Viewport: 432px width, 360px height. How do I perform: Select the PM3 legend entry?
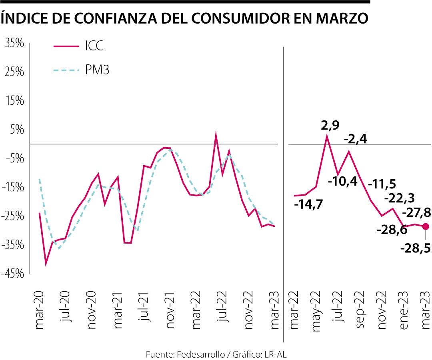pos(97,70)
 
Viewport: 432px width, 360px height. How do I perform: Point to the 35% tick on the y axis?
pos(15,43)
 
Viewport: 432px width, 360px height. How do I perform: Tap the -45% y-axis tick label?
pos(15,274)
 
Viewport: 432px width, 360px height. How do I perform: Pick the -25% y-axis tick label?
pos(15,216)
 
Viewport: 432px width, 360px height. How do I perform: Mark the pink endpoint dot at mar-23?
pos(426,226)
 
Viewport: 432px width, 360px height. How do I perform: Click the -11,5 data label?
pos(382,184)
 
